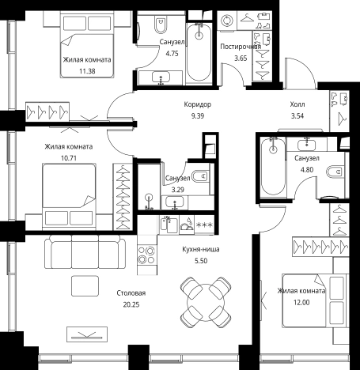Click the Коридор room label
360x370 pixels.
click(198, 104)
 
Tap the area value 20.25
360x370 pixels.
click(131, 304)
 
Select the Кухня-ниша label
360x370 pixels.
click(201, 249)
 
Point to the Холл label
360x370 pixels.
click(297, 104)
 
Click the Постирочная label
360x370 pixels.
click(241, 47)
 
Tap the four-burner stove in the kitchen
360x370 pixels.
click(147, 255)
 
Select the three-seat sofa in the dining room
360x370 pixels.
click(85, 252)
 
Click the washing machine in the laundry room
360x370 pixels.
click(227, 21)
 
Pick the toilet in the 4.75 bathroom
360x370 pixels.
click(161, 25)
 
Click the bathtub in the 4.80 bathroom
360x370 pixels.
click(273, 167)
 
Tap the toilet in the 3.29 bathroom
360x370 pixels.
click(200, 176)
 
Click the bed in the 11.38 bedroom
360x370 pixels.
click(87, 45)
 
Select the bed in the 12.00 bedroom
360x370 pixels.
click(315, 300)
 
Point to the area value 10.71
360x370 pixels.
click(69, 158)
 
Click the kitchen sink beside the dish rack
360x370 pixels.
click(169, 225)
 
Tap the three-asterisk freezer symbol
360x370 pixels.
click(204, 225)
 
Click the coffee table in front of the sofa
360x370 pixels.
click(85, 286)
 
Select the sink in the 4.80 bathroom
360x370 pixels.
click(307, 144)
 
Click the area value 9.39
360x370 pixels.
click(198, 116)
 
